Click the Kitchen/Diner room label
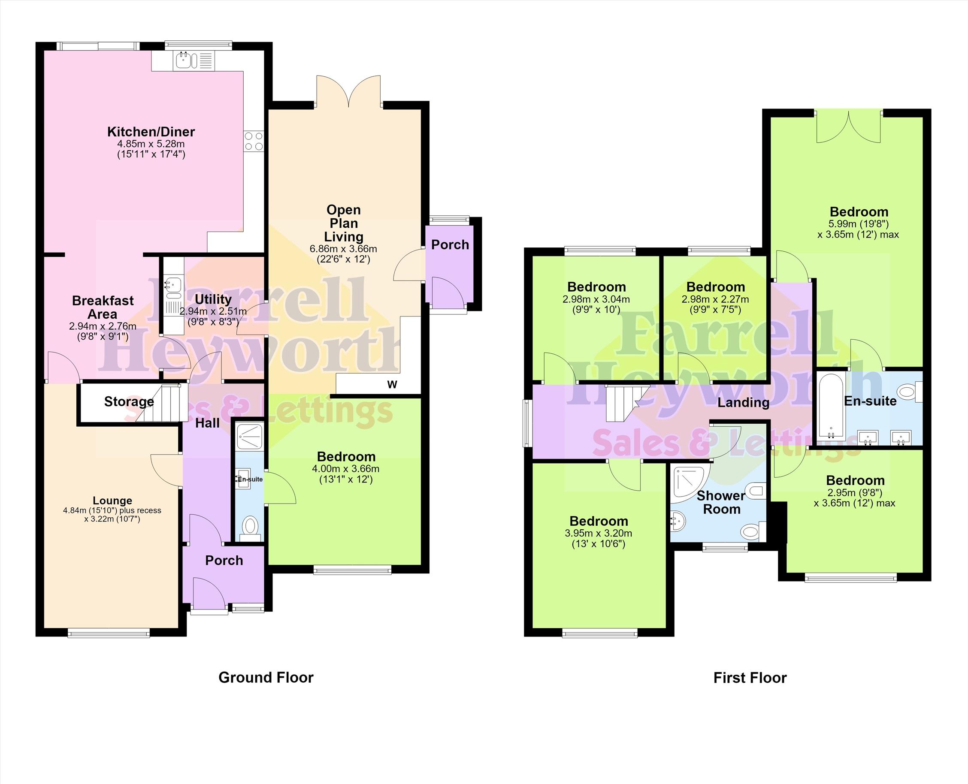151,132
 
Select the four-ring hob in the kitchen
254,141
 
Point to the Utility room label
213,299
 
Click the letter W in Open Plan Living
392,384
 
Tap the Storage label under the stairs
129,401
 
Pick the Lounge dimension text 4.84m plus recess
112,510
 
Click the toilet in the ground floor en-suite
250,528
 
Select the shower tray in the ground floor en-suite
249,437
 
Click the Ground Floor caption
266,677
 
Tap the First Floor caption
750,677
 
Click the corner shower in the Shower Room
689,485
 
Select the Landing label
744,402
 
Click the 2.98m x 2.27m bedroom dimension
715,299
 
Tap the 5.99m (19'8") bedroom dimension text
858,224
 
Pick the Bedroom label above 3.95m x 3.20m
599,521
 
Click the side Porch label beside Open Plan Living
450,245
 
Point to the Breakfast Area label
103,307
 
